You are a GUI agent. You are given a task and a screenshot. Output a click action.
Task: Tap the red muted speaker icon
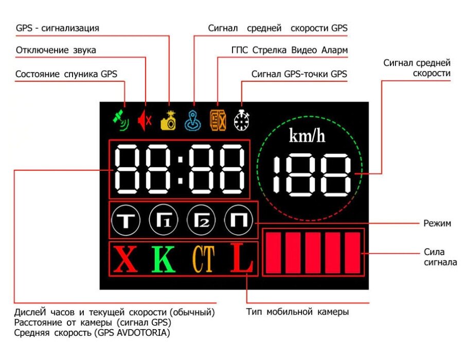coord(144,121)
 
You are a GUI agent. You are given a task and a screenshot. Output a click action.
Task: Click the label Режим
coord(437,223)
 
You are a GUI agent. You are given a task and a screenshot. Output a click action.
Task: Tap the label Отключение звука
coord(56,50)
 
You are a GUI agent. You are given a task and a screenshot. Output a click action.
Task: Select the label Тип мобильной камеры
coord(298,312)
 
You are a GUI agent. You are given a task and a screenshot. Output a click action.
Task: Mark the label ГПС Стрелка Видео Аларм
coord(290,50)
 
